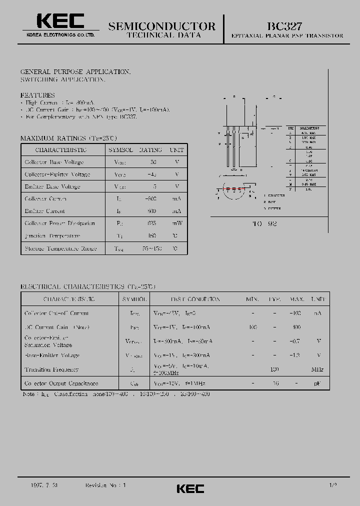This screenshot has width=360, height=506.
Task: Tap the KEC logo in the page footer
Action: click(x=190, y=488)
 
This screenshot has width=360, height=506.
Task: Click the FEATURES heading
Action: click(x=37, y=95)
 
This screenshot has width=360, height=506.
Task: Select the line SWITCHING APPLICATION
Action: click(x=63, y=79)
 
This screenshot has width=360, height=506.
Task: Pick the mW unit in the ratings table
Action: click(x=176, y=223)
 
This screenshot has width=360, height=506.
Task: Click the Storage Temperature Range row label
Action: click(x=60, y=248)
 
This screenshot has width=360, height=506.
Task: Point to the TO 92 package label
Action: click(x=264, y=224)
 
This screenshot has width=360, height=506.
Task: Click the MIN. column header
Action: click(x=252, y=299)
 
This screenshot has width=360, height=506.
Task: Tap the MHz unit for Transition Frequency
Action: click(x=317, y=369)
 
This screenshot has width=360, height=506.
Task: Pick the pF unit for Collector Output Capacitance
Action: click(x=317, y=383)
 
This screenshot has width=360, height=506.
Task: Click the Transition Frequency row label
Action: click(x=51, y=369)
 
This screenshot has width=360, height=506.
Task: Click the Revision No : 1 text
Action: click(x=106, y=485)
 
